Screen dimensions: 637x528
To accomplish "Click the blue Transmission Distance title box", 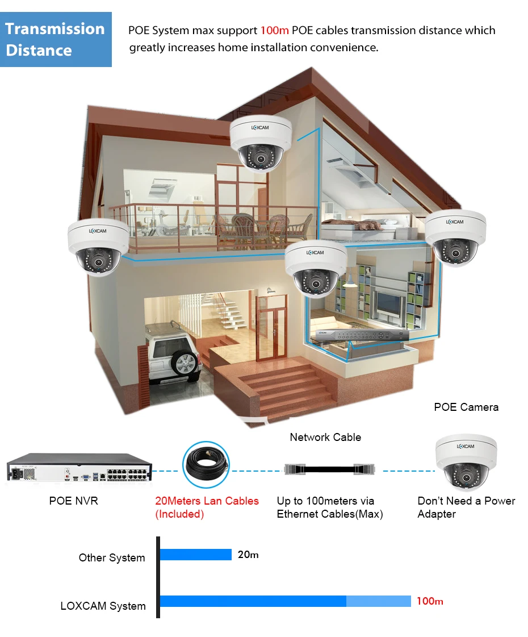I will pos(56,40).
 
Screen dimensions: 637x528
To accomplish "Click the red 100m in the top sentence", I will pos(275,30).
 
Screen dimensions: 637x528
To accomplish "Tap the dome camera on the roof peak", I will pos(261,144).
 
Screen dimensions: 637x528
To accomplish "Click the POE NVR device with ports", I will pos(80,468).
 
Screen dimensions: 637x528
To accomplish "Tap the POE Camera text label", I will pos(466,407).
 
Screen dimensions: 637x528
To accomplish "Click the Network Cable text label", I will pos(325,437).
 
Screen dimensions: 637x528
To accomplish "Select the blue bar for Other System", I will pos(196,555).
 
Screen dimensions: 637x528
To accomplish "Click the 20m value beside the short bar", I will pos(248,555).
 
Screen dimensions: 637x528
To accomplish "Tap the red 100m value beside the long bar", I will pos(430,601).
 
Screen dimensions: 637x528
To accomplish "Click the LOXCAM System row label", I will pos(103,606).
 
